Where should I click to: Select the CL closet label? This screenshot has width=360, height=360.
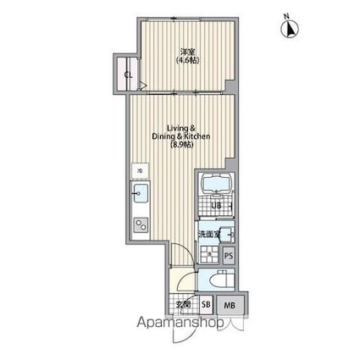pos(129,75)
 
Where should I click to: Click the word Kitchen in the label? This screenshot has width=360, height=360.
pos(197,136)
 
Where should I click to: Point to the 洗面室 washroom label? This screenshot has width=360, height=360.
pos(209,235)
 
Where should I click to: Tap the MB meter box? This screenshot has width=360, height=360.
pos(230,305)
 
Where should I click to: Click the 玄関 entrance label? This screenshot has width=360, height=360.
pos(180,305)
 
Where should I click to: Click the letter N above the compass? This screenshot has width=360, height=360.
pos(286,14)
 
